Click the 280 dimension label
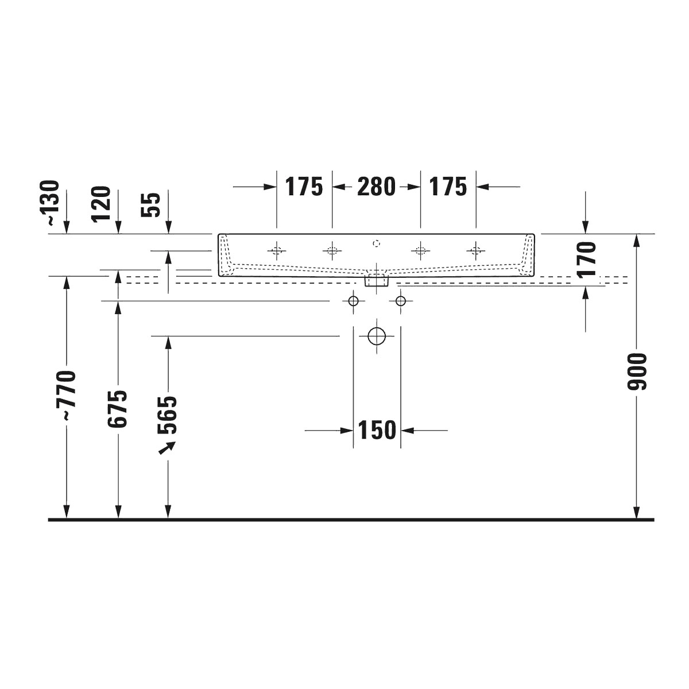376,187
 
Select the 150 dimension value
377,430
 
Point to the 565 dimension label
167,415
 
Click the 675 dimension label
117,409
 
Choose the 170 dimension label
586,259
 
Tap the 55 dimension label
150,205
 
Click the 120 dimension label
101,204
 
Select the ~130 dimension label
50,202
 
